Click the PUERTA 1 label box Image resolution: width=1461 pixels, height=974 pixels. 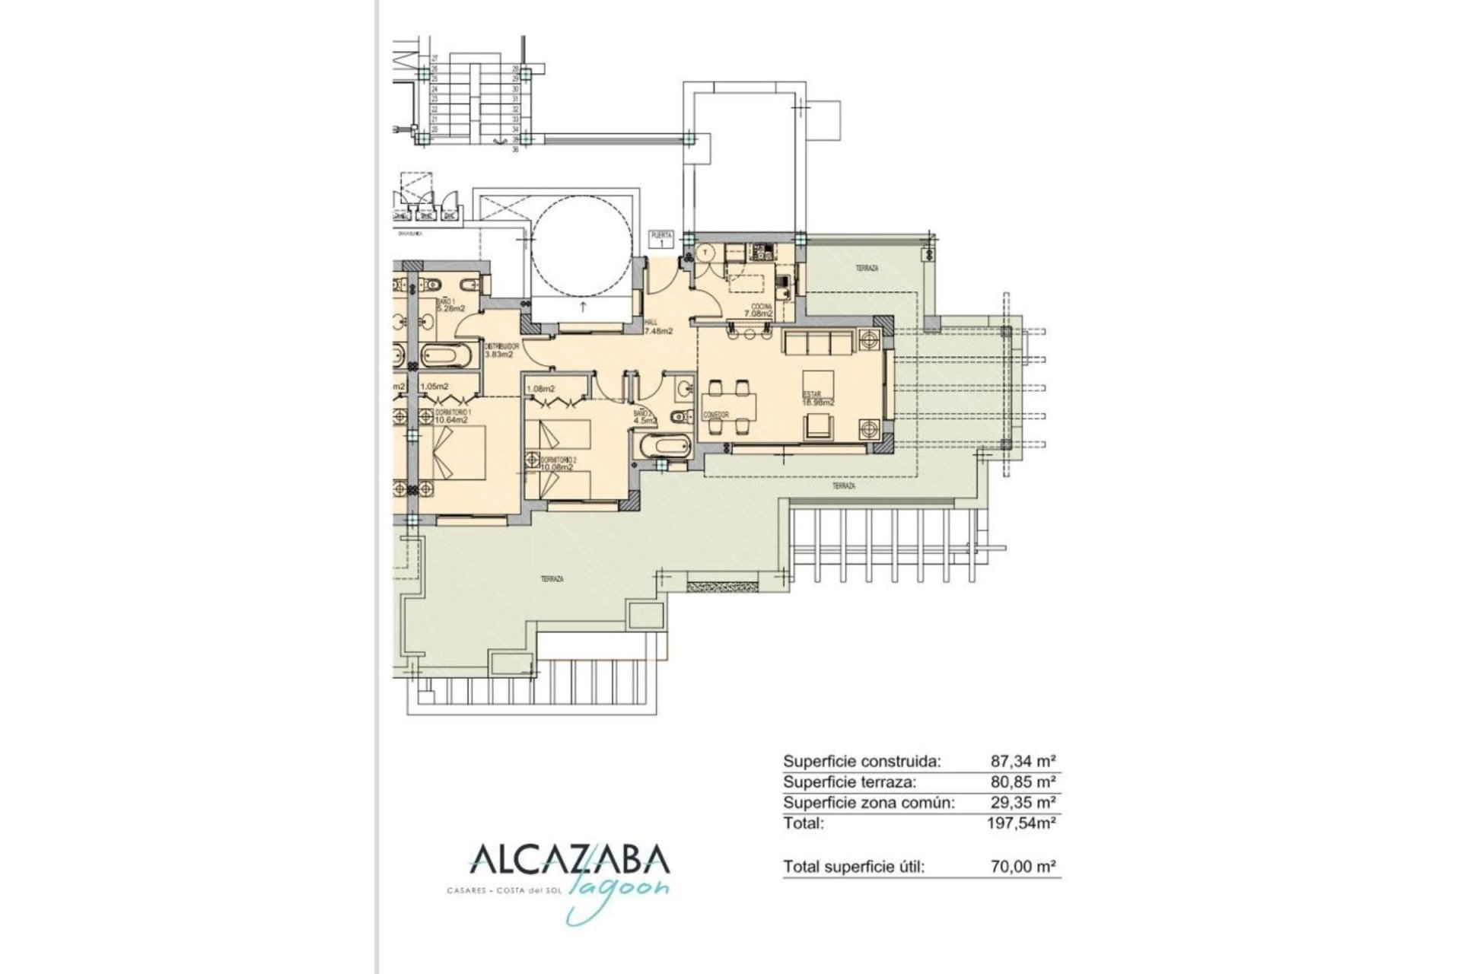click(661, 239)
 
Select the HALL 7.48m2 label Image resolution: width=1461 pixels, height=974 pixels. click(658, 327)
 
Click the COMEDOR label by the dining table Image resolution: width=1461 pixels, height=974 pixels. click(716, 415)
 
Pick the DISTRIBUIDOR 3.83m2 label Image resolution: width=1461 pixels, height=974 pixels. click(502, 350)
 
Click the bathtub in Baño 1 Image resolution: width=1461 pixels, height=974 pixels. click(447, 355)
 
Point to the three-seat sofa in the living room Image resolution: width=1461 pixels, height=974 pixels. click(818, 345)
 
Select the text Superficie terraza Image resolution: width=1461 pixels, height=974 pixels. click(850, 781)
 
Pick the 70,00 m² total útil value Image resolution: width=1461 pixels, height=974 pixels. click(1023, 866)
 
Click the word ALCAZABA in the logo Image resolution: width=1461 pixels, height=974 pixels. click(570, 860)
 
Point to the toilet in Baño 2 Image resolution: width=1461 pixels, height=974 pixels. click(677, 416)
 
